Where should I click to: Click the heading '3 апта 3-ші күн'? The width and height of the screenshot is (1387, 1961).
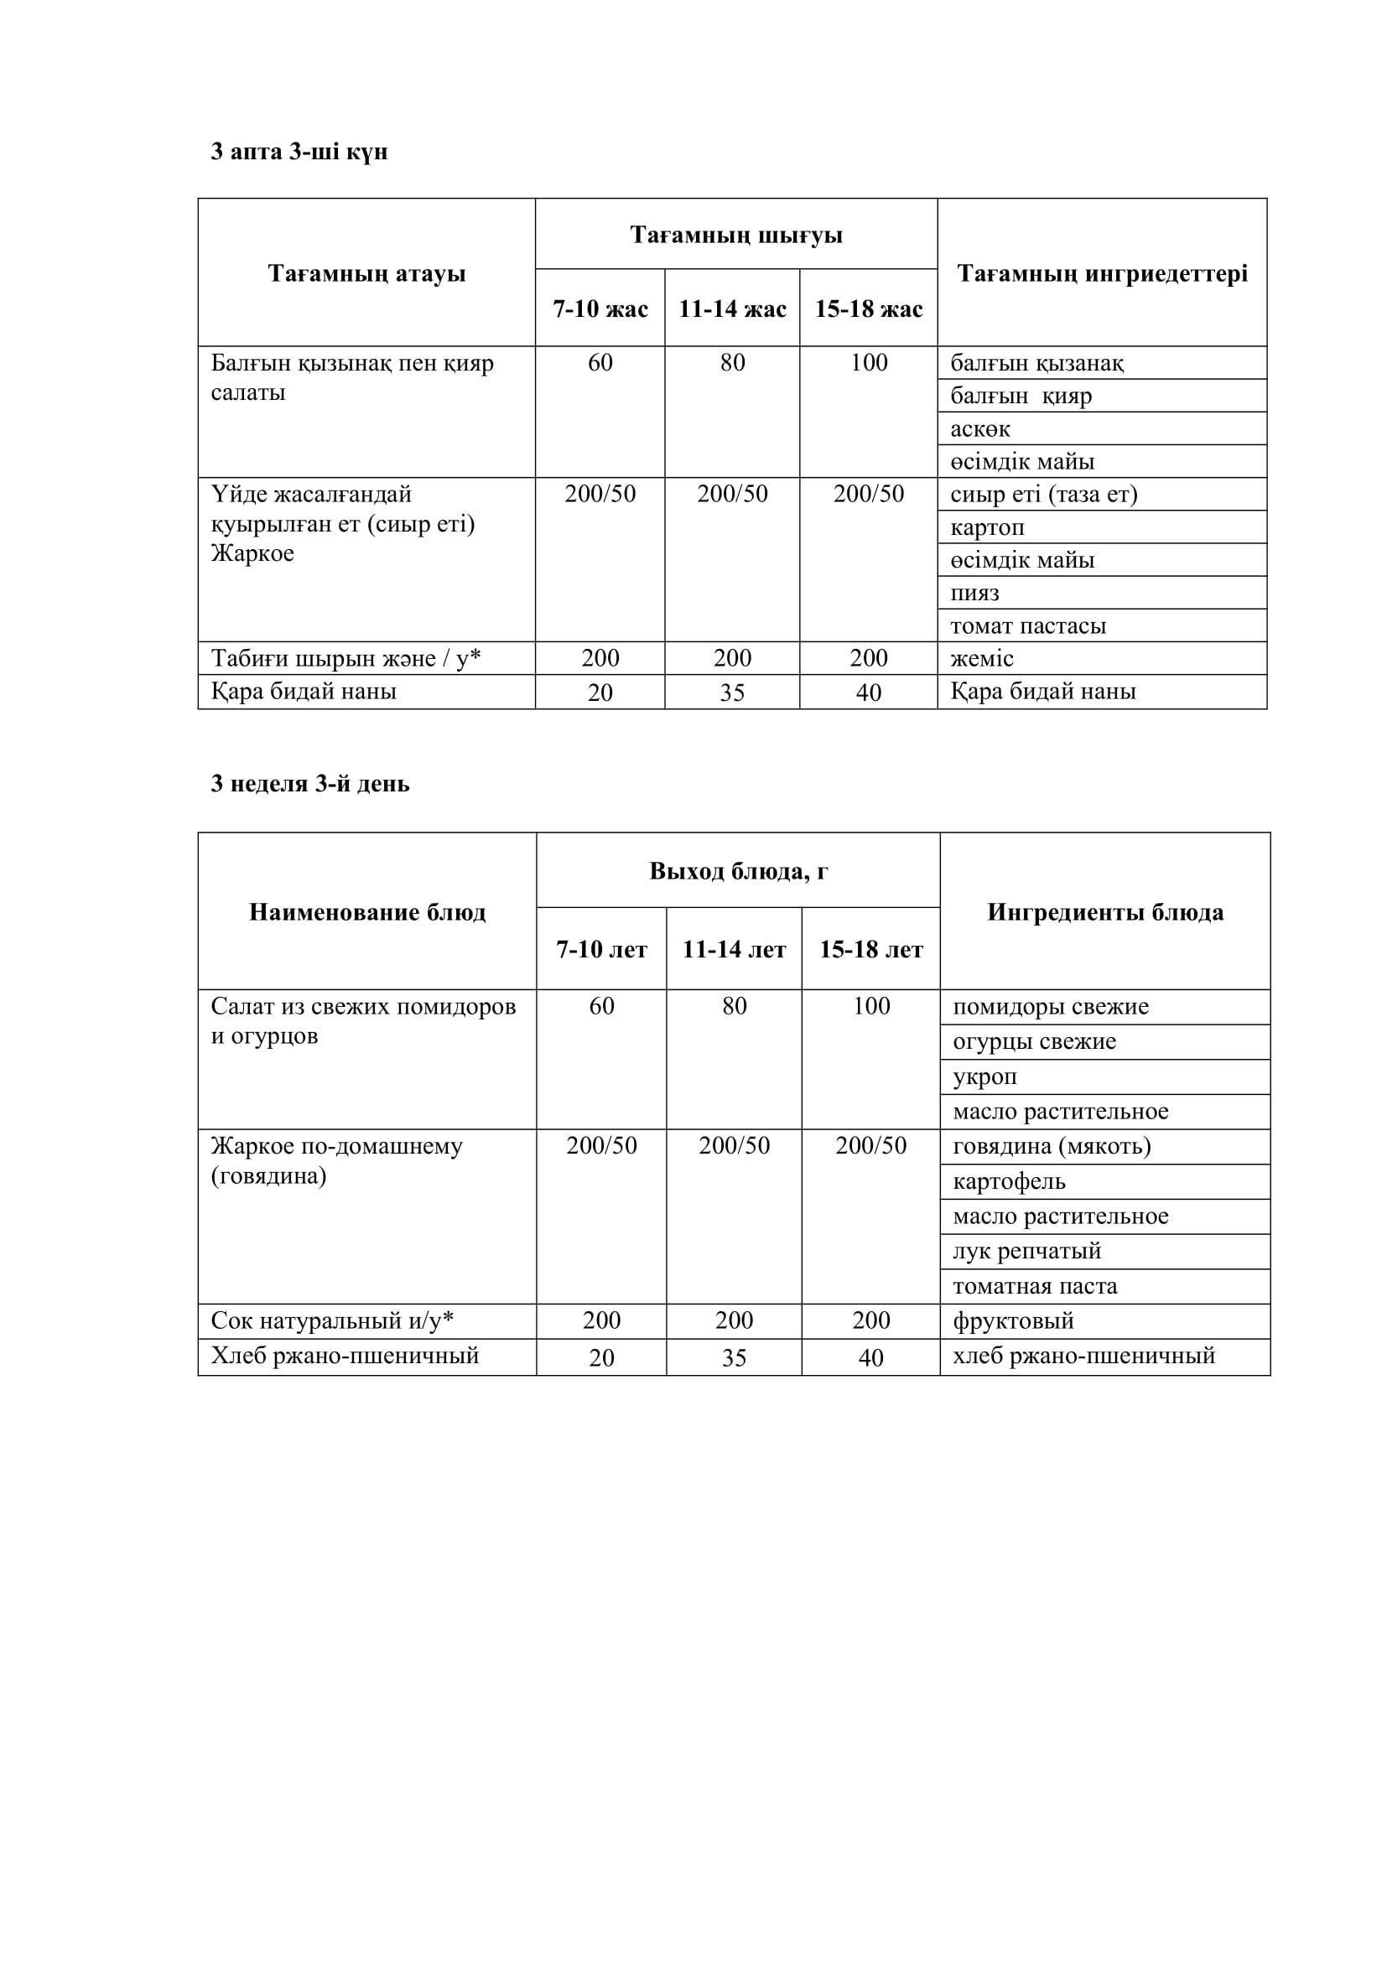299,152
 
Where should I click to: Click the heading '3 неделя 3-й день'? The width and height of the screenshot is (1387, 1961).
310,784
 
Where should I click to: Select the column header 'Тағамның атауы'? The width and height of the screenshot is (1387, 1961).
366,273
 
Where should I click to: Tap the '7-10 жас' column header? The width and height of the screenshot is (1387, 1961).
600,309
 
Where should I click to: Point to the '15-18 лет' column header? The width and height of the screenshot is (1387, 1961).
871,950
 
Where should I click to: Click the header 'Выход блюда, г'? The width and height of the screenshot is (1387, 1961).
738,871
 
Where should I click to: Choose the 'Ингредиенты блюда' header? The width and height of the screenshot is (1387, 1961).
1105,912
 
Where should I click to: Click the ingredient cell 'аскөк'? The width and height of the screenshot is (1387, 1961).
980,428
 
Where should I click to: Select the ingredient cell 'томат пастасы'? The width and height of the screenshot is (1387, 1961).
1028,626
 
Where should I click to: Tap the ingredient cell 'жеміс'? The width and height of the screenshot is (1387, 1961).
982,658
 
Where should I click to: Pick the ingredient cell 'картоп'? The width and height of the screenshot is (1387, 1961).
987,528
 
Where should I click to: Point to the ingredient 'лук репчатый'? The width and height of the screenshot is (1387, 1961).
1026,1251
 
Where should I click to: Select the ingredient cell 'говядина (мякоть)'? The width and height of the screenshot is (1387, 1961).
1052,1147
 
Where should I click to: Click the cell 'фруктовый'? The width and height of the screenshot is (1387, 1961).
1013,1321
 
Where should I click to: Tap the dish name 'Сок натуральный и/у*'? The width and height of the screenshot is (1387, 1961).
332,1321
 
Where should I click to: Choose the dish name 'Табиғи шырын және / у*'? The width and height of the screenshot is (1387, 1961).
345,658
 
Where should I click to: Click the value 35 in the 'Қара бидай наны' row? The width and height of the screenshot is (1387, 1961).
733,693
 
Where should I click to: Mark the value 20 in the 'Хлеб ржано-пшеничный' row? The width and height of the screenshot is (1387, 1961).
601,1358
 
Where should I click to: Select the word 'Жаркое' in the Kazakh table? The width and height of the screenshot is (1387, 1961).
252,553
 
